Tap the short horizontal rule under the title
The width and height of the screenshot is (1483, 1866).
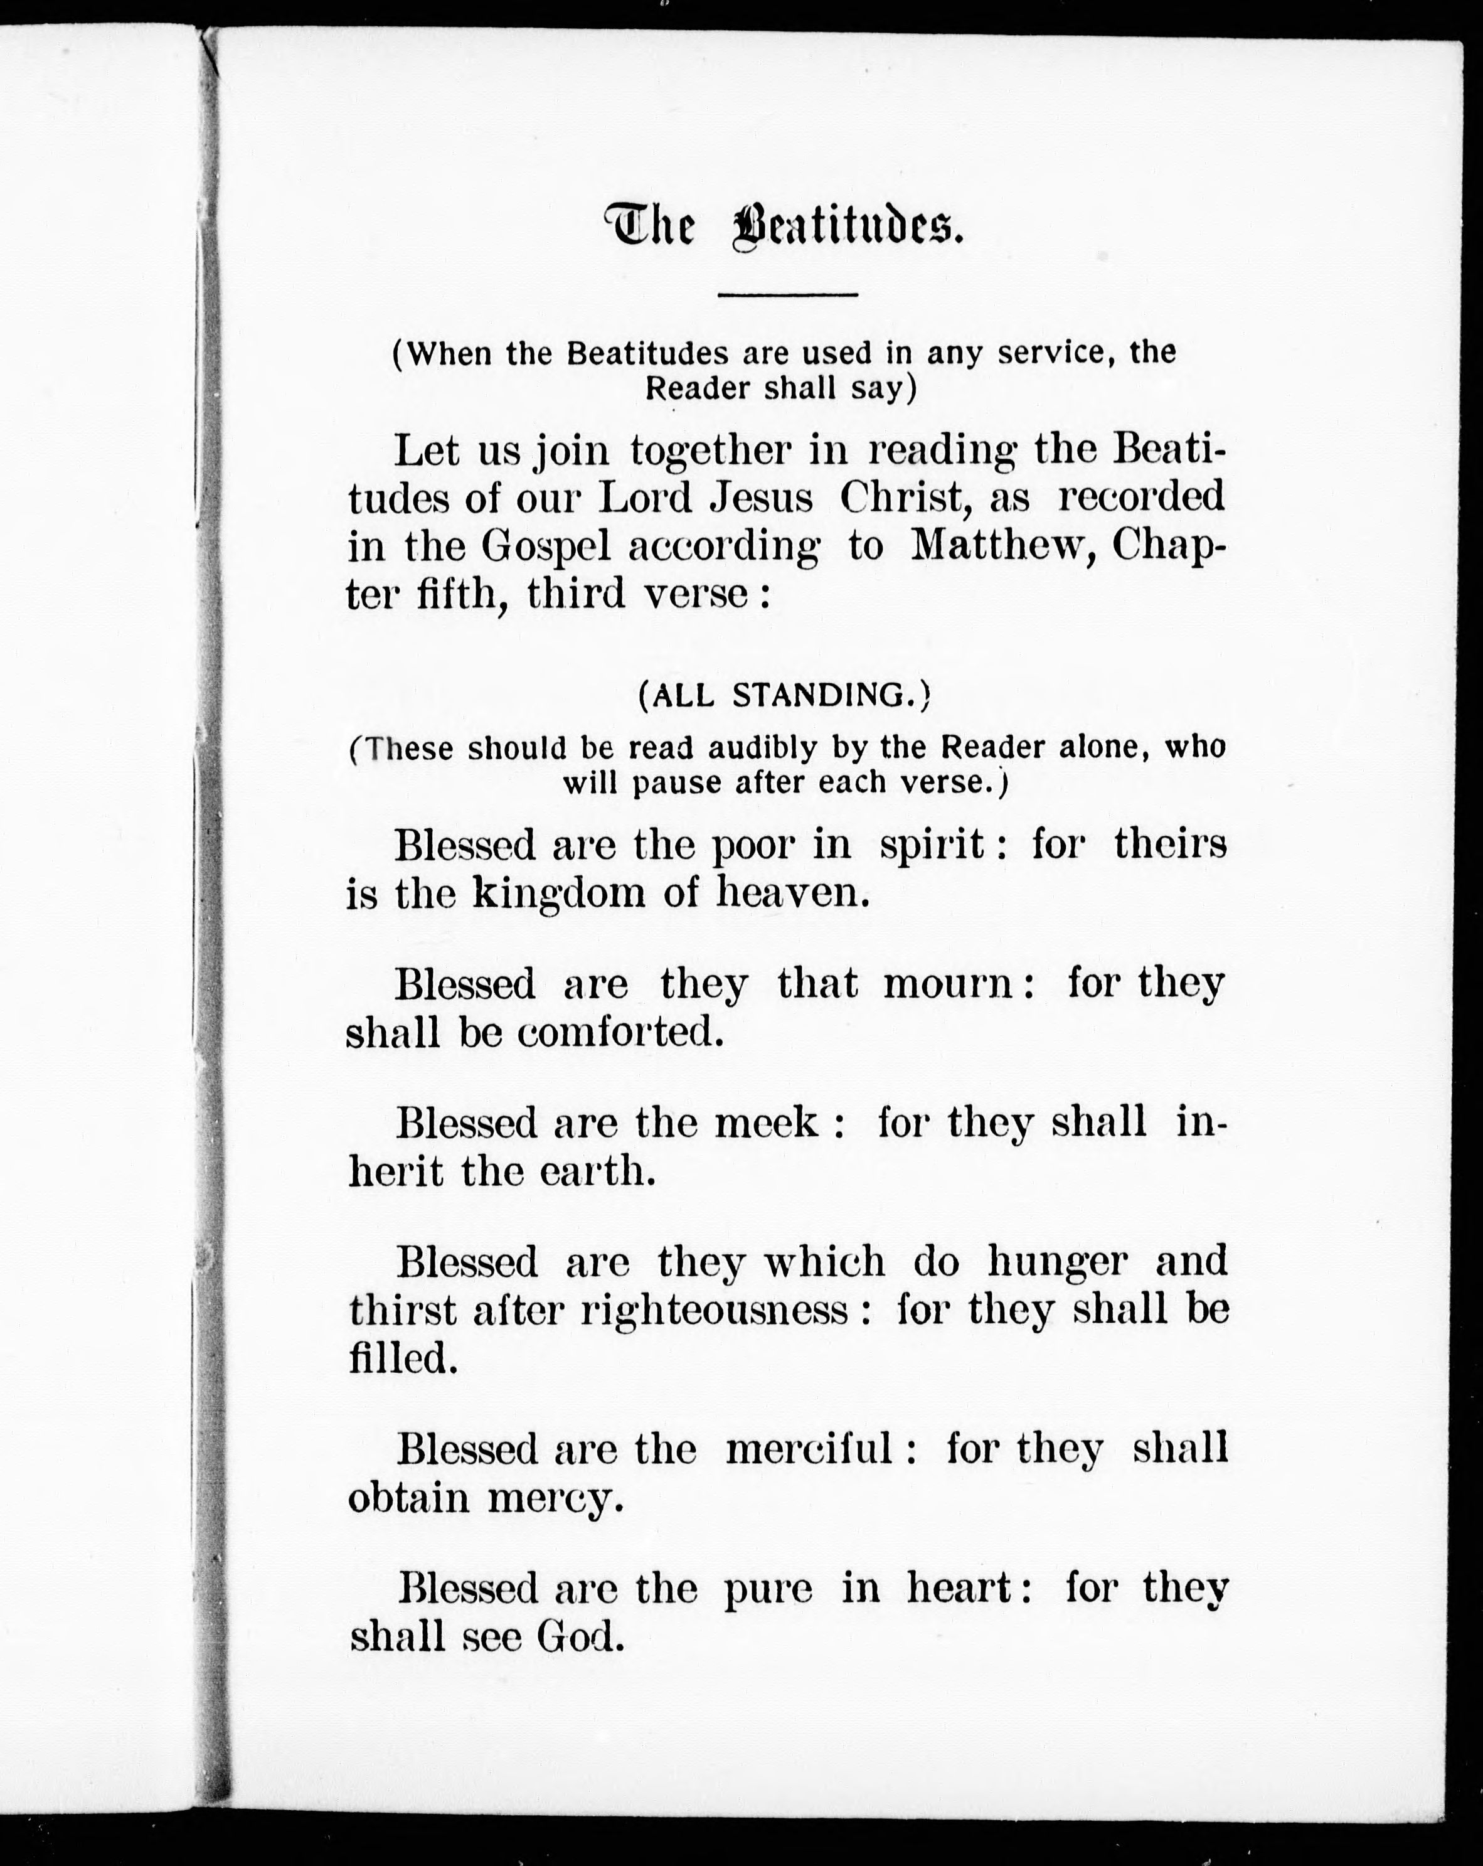tap(787, 295)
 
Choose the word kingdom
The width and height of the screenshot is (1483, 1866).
tap(558, 894)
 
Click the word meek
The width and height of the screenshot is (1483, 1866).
tap(766, 1122)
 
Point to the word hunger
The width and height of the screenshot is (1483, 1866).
tap(1057, 1262)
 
